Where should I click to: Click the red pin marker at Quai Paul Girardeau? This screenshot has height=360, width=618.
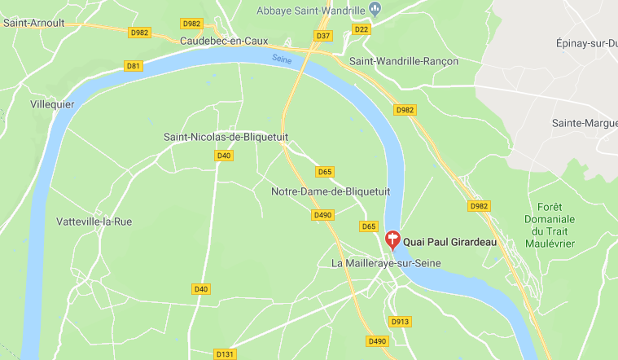tap(392, 240)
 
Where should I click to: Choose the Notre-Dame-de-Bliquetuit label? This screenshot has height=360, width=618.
tap(331, 191)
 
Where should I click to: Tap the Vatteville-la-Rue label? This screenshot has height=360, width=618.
tap(94, 222)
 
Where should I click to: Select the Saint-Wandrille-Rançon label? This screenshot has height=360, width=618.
tap(404, 61)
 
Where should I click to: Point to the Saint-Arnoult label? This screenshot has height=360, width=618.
tap(33, 23)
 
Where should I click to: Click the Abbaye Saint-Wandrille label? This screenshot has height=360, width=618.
tap(310, 10)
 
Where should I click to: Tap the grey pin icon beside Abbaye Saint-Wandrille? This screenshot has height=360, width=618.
tap(375, 10)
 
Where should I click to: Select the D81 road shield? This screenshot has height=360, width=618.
tap(134, 65)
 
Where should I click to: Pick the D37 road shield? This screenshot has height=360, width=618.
tap(323, 36)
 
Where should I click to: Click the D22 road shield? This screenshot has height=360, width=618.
tap(362, 29)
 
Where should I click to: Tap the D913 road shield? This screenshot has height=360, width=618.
tap(400, 322)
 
